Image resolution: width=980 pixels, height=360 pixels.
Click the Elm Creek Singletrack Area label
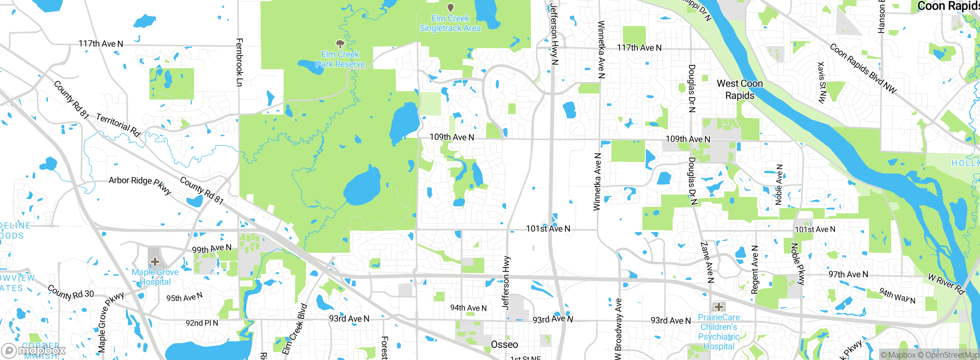(450, 23)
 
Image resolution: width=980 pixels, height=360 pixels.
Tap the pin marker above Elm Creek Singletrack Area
(451, 7)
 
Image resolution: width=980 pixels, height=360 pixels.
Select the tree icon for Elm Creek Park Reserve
(340, 44)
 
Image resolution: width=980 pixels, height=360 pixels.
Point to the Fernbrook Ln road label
(239, 62)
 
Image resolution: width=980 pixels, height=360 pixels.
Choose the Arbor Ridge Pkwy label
(140, 185)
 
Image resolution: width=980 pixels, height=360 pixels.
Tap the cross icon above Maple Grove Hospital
(155, 262)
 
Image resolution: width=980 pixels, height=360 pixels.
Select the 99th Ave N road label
(212, 249)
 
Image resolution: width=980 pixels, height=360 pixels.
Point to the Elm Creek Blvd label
(295, 329)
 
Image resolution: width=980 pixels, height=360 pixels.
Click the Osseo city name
(505, 345)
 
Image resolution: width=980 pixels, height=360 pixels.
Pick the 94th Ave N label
(468, 308)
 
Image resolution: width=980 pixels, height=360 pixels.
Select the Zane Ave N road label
(707, 262)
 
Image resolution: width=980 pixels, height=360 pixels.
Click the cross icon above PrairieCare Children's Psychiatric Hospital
(719, 307)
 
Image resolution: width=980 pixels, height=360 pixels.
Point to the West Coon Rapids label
(740, 89)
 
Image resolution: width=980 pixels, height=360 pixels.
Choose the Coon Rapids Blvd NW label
(863, 69)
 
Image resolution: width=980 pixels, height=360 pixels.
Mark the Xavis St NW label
(822, 82)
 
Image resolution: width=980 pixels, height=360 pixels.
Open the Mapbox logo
(34, 350)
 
